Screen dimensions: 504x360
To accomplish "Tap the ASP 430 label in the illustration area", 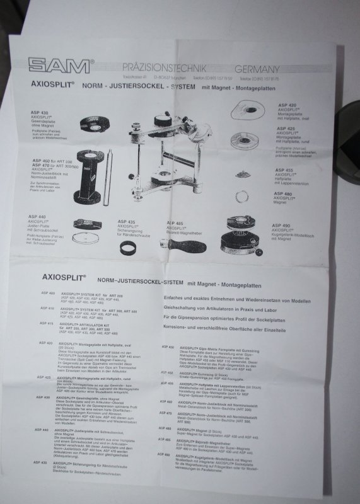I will pos(40,112).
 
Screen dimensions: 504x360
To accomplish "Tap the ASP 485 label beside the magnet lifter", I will pos(175,223).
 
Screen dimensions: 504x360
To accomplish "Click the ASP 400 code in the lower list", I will pos(48,294).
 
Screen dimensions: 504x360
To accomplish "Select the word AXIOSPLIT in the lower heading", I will pos(59,277).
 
